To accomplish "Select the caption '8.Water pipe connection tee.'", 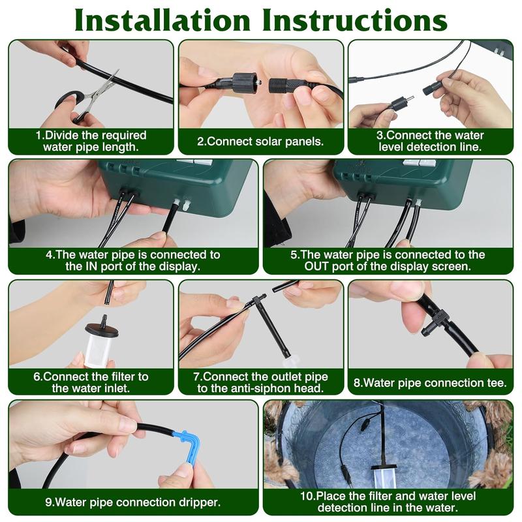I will point(430,383).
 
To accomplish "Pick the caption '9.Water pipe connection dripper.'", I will point(132,502).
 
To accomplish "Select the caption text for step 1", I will point(91,141).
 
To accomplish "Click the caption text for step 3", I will point(431,141).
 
